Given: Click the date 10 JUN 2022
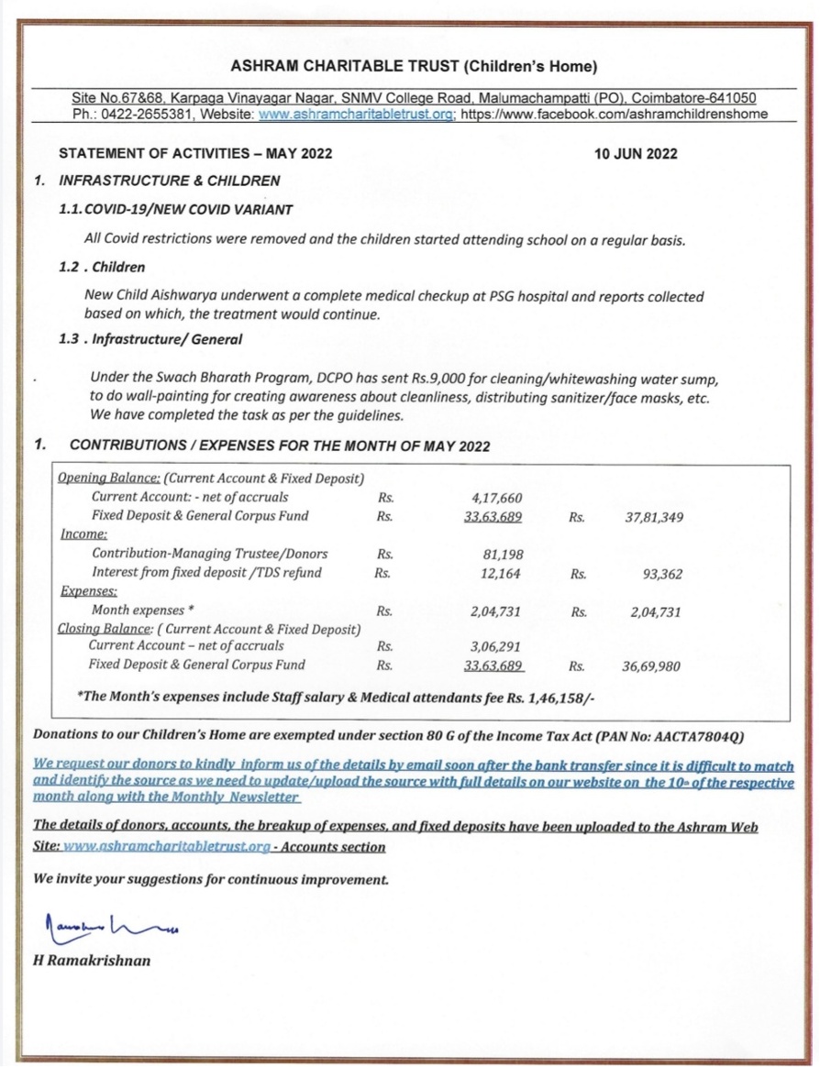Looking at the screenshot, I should click(x=636, y=154).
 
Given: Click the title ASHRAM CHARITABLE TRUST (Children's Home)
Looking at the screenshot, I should click(x=414, y=66).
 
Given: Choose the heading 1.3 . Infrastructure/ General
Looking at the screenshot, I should click(x=150, y=339).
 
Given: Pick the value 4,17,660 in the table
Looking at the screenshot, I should click(x=495, y=497).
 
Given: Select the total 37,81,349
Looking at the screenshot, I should click(x=653, y=517).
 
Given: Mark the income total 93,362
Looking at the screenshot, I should click(x=659, y=575).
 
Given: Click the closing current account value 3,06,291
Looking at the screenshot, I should click(x=495, y=645).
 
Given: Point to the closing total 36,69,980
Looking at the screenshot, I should click(x=652, y=666).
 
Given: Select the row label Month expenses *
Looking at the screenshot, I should click(x=142, y=610).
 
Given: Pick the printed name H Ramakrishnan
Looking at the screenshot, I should click(x=91, y=961).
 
